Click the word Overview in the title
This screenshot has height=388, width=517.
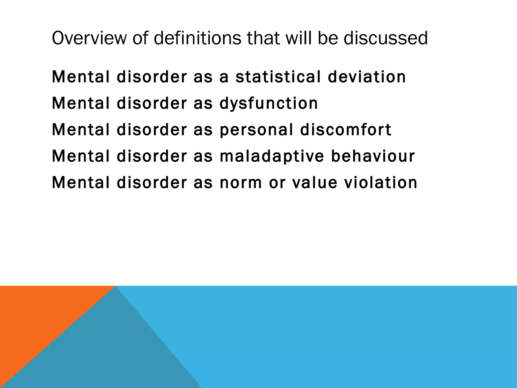(89, 38)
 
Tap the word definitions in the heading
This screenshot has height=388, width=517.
(197, 38)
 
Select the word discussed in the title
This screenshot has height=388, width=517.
(385, 38)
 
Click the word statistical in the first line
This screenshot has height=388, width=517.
(278, 77)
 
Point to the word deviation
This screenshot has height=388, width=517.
(367, 77)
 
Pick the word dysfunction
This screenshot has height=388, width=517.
(268, 104)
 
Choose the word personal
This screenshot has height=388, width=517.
(256, 130)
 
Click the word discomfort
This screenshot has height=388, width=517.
(346, 130)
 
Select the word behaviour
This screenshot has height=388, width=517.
(373, 156)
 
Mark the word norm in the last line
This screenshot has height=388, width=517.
(241, 182)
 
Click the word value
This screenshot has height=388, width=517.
(315, 182)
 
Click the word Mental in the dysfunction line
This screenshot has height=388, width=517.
(81, 104)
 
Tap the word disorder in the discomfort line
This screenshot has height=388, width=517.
(152, 130)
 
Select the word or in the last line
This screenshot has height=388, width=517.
(277, 182)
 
